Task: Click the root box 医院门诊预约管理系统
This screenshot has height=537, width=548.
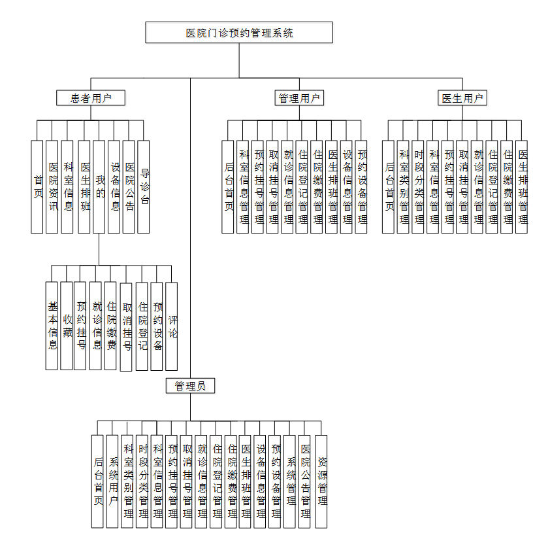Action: click(239, 33)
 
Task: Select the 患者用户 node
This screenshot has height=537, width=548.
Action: click(90, 99)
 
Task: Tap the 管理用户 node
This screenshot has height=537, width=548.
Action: click(300, 99)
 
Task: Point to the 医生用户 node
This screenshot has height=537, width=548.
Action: click(462, 99)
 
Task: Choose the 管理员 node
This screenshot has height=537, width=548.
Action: click(190, 386)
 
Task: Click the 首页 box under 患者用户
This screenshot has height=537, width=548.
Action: click(37, 186)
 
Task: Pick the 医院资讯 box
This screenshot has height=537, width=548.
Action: click(52, 186)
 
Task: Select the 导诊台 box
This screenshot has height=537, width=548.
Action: click(144, 186)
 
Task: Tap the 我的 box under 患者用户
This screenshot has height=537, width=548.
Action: click(99, 186)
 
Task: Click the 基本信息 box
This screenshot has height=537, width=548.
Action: click(52, 325)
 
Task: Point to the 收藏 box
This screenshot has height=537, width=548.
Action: click(67, 325)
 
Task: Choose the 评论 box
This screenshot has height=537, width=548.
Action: click(172, 325)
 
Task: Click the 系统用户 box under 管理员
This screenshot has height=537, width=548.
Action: click(112, 481)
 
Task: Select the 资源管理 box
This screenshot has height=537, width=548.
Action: click(321, 481)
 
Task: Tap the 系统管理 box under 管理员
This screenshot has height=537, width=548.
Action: click(290, 481)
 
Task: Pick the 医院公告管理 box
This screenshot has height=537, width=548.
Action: click(305, 481)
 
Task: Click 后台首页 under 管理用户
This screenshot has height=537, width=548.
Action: click(228, 186)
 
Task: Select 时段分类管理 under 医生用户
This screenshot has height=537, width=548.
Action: click(418, 186)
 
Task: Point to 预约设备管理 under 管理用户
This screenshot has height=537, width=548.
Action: click(362, 186)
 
